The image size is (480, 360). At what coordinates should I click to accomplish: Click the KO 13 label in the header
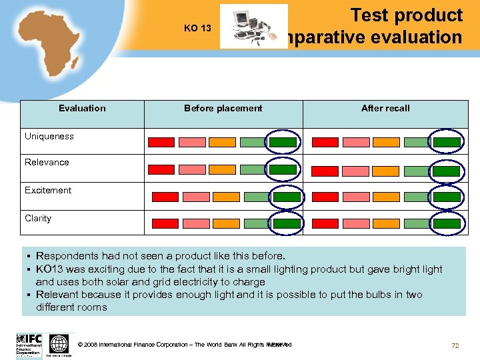pyautogui.click(x=197, y=28)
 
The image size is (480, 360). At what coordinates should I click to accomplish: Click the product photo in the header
pyautogui.click(x=253, y=27)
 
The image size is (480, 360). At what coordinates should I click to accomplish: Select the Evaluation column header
pyautogui.click(x=82, y=108)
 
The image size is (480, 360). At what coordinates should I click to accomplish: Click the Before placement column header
pyautogui.click(x=223, y=108)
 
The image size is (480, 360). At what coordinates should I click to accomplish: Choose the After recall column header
pyautogui.click(x=385, y=108)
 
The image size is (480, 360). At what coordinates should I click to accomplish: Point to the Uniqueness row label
pyautogui.click(x=49, y=136)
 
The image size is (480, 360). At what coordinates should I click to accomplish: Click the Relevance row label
pyautogui.click(x=47, y=162)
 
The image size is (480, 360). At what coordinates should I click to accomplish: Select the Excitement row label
pyautogui.click(x=48, y=190)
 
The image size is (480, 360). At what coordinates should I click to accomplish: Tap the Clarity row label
pyautogui.click(x=38, y=218)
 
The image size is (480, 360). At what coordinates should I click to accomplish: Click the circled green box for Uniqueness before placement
pyautogui.click(x=283, y=142)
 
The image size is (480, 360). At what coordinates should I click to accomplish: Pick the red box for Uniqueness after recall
pyautogui.click(x=325, y=142)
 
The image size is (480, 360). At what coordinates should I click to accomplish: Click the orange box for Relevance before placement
pyautogui.click(x=222, y=169)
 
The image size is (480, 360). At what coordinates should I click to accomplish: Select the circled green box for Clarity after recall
pyautogui.click(x=447, y=223)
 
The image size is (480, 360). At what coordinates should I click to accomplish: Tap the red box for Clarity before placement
pyautogui.click(x=165, y=223)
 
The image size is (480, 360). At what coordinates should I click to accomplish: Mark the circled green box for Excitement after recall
pyautogui.click(x=447, y=197)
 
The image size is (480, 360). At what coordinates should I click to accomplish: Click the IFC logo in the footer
pyautogui.click(x=29, y=345)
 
